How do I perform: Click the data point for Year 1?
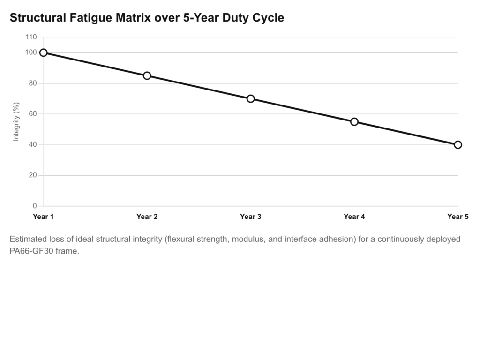(x=44, y=52)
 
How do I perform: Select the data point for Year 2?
(x=147, y=75)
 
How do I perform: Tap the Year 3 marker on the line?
(x=251, y=98)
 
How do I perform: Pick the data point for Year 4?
(x=354, y=121)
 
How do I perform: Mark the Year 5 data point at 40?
(x=458, y=144)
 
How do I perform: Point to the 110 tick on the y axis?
(x=31, y=37)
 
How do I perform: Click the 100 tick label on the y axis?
(x=31, y=52)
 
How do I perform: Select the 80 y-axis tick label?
(x=32, y=83)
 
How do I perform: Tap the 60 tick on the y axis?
(x=32, y=114)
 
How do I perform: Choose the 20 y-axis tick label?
(x=32, y=175)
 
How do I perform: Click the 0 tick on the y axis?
(x=34, y=206)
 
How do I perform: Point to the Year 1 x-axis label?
(x=44, y=217)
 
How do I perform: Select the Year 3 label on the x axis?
(x=251, y=217)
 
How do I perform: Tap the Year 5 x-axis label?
(x=457, y=217)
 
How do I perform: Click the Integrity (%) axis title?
(x=16, y=121)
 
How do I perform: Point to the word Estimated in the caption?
(x=28, y=239)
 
